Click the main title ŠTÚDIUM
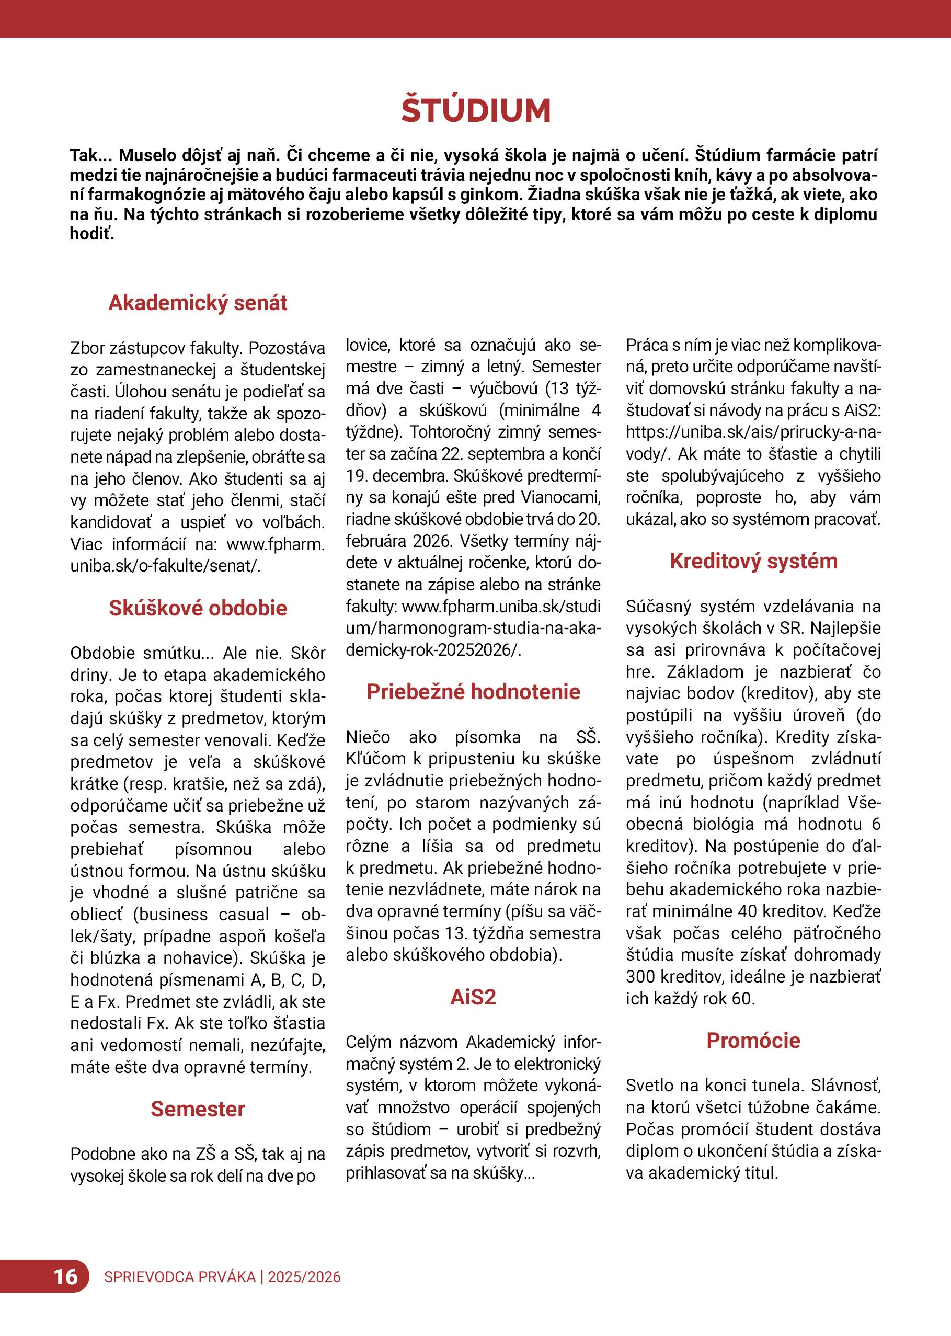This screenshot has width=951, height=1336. (476, 111)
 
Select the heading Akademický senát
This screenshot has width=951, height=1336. (198, 303)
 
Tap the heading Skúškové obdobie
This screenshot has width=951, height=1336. (198, 608)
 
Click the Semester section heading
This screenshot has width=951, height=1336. (198, 1109)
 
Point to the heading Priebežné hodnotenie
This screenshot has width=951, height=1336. (473, 692)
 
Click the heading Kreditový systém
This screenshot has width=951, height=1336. (754, 561)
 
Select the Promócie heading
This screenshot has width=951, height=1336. (754, 1040)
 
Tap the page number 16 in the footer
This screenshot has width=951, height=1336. (65, 1276)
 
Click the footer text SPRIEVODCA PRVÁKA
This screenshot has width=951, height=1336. (180, 1277)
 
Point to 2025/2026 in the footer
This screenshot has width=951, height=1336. (304, 1277)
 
